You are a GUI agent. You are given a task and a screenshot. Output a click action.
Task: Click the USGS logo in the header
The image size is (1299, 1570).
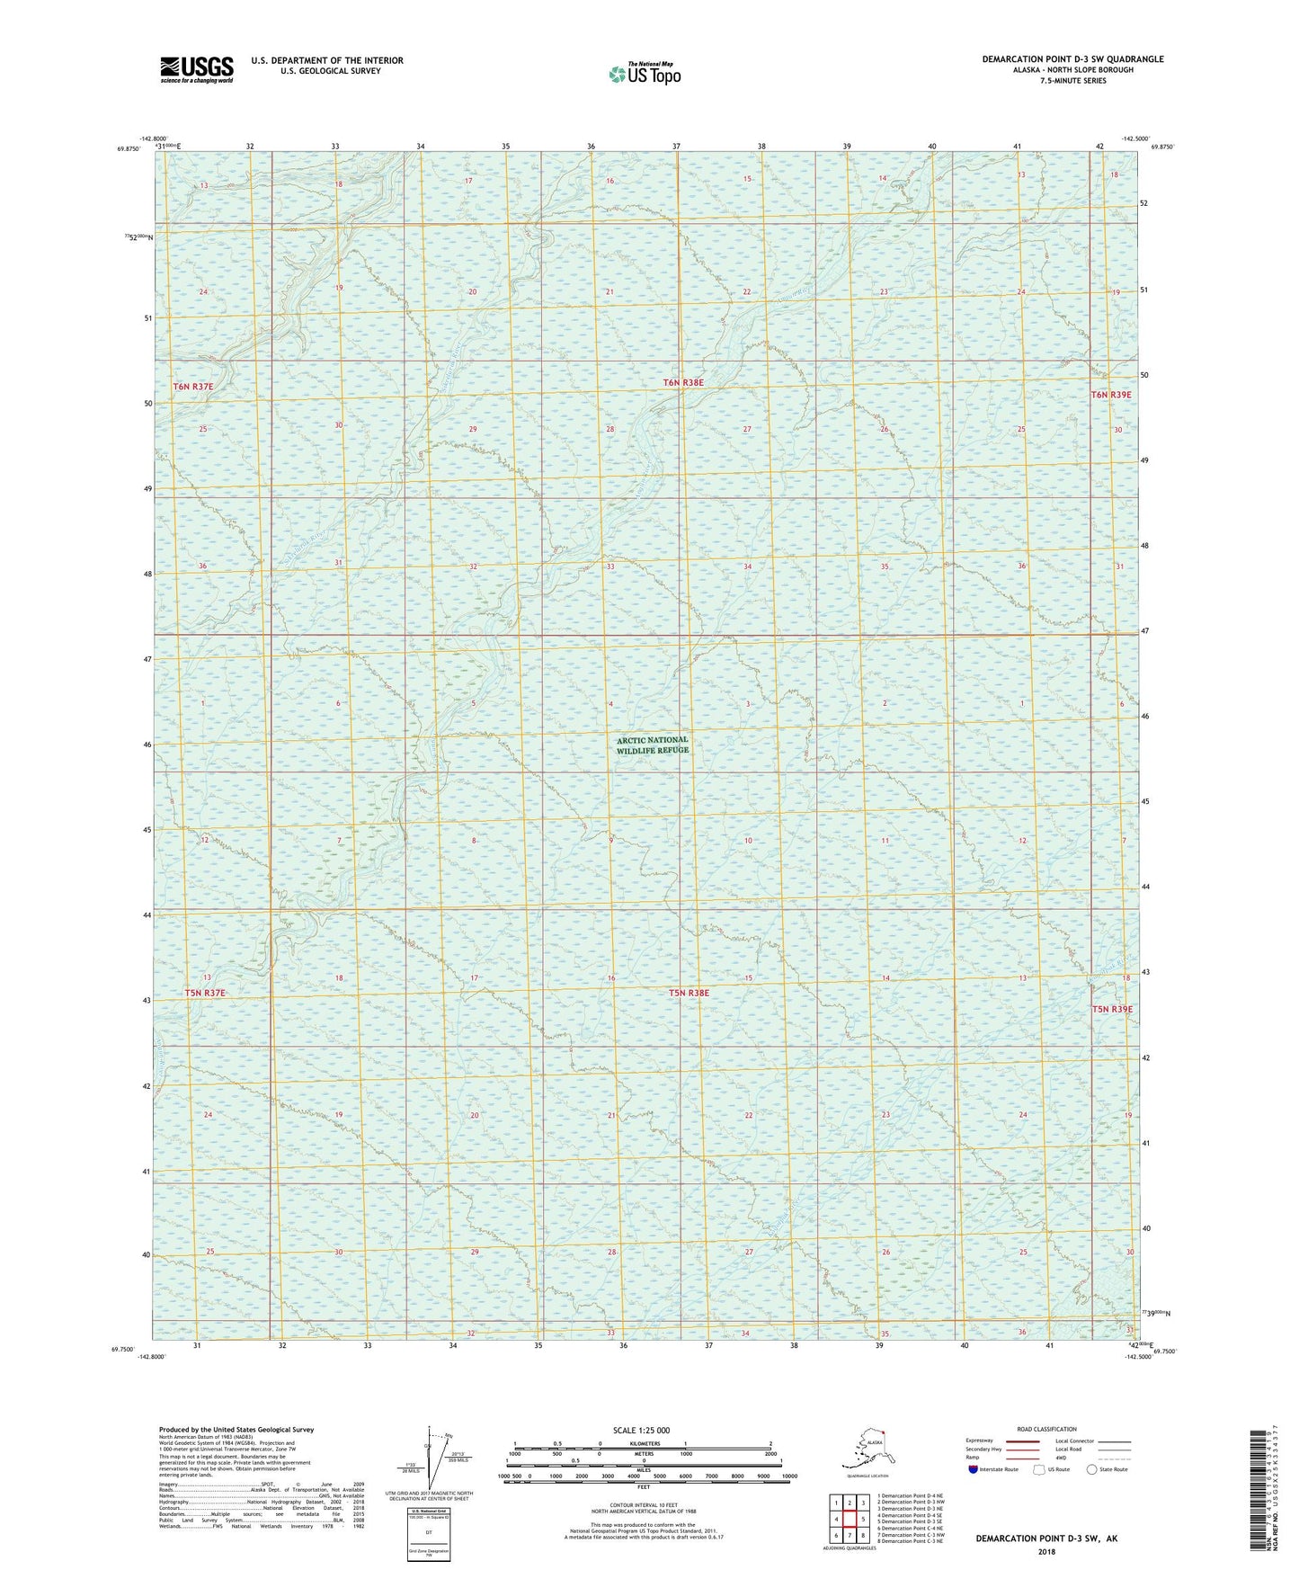click(196, 69)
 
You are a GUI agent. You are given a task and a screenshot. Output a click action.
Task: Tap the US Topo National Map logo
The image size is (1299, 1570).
click(644, 73)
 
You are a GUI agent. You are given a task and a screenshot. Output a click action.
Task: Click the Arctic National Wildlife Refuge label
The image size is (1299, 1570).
click(653, 745)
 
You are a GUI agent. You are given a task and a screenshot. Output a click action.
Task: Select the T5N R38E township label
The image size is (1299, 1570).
click(689, 993)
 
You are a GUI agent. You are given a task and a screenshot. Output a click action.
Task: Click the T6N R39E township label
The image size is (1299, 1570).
click(1111, 395)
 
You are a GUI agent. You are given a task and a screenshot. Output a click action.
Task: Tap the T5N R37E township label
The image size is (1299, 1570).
click(205, 993)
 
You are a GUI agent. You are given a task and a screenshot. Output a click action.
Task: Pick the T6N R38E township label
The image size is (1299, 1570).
click(683, 383)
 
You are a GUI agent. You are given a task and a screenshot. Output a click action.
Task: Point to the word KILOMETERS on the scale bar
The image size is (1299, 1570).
click(643, 1444)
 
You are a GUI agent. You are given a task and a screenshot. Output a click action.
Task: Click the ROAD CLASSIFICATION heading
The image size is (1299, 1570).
click(1046, 1429)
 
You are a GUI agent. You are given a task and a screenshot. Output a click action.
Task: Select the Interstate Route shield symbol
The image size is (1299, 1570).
click(973, 1469)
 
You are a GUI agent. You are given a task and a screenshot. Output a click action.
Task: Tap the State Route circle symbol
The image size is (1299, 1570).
click(1092, 1469)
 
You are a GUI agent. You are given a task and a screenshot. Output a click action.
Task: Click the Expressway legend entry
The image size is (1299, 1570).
click(980, 1441)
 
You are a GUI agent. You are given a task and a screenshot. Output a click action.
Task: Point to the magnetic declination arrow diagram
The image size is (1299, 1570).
click(440, 1460)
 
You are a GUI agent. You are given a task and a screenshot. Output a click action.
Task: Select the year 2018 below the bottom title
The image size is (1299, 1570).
click(1046, 1551)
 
